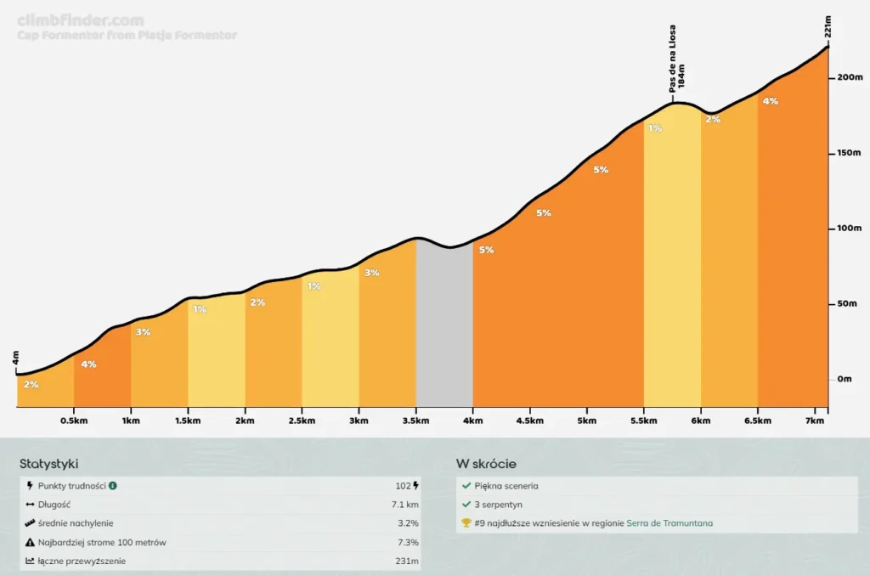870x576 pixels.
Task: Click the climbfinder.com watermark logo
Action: (81, 20)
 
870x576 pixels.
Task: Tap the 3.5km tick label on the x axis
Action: (416, 420)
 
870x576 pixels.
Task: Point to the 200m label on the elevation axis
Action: (850, 77)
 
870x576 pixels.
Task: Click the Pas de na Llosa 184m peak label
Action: (677, 59)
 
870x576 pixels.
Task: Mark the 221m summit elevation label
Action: (828, 28)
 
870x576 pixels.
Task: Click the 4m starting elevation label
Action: (15, 361)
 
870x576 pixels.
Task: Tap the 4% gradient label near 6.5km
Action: (771, 102)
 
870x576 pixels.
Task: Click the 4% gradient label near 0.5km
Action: (88, 364)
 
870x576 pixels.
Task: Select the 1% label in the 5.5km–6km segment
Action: (655, 129)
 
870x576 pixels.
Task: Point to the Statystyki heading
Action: (49, 464)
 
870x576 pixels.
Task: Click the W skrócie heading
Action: (486, 464)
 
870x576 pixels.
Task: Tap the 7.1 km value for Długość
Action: (401, 505)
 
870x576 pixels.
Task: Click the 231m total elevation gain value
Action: (406, 561)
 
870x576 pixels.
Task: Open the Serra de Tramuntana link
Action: (669, 523)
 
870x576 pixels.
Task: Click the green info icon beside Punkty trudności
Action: (113, 486)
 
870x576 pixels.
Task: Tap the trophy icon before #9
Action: (466, 523)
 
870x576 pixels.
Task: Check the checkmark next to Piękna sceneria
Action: (466, 486)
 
